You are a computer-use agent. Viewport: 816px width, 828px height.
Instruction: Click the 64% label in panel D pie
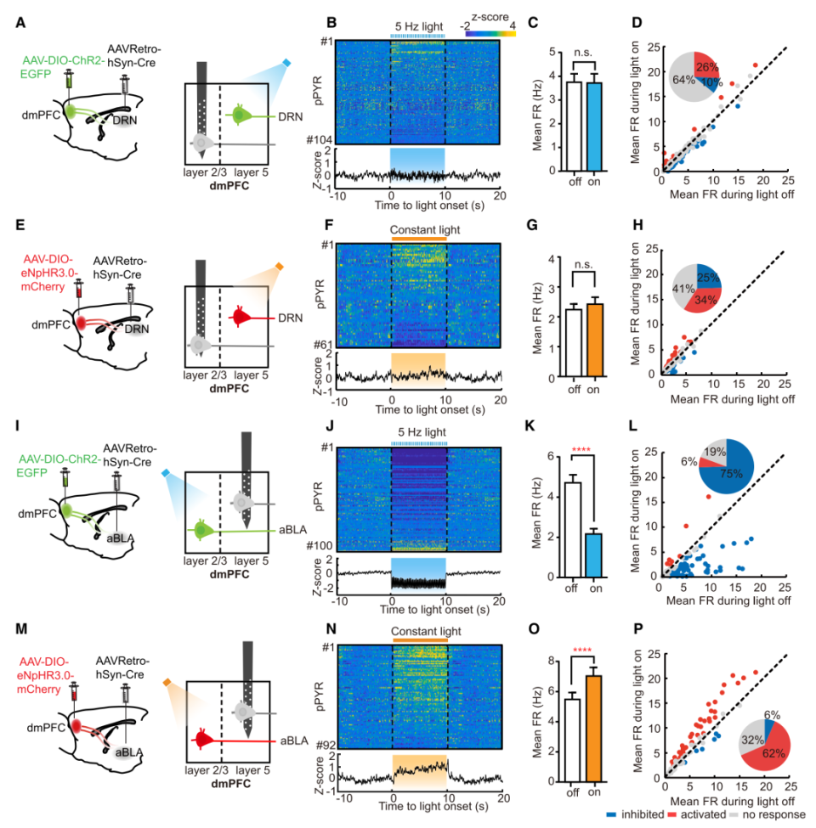(682, 80)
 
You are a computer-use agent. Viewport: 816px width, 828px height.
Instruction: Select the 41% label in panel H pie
(682, 290)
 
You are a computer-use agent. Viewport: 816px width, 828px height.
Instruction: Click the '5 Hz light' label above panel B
(418, 26)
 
